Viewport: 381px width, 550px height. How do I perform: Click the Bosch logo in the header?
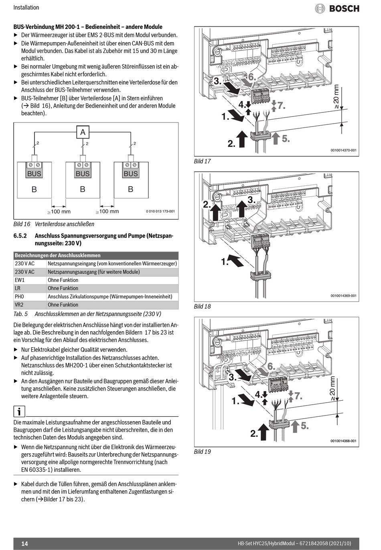click(337, 8)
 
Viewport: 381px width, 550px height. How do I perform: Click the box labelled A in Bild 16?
click(83, 132)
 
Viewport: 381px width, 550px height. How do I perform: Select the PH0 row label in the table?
click(20, 297)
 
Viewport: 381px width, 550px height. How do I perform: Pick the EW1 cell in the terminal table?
click(20, 280)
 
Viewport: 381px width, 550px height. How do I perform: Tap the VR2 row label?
click(19, 305)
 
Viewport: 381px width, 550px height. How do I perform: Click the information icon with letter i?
click(19, 411)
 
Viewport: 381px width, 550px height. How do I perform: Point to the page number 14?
click(24, 544)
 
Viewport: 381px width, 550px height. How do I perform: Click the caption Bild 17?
click(202, 161)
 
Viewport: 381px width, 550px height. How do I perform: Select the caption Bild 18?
click(202, 306)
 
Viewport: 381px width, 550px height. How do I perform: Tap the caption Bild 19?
click(202, 452)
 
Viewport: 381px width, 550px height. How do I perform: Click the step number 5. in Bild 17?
click(286, 139)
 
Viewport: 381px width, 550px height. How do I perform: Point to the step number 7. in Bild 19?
click(298, 396)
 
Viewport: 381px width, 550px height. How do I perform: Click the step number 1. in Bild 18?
click(225, 262)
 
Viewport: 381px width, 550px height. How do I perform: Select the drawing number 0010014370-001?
click(343, 151)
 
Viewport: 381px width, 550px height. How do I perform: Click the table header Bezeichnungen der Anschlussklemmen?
click(58, 255)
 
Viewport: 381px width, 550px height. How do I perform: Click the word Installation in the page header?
click(26, 8)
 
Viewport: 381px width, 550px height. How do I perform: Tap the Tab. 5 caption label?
click(20, 314)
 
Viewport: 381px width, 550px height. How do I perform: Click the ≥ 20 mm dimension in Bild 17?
click(336, 97)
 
